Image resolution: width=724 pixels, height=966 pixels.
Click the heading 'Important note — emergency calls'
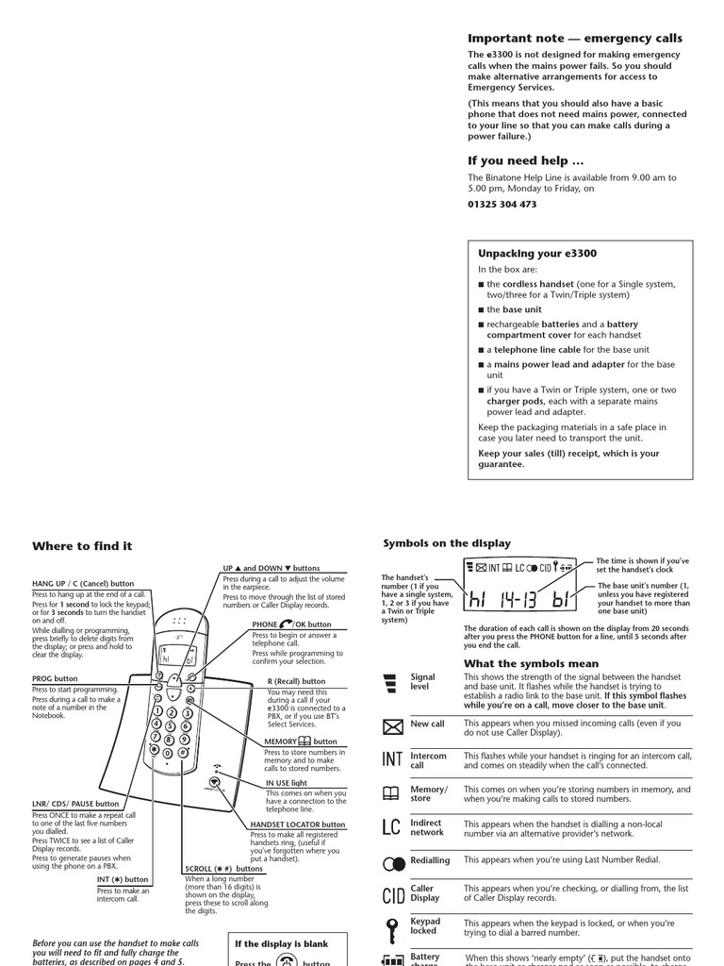tap(575, 39)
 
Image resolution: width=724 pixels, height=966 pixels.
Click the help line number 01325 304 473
tap(502, 204)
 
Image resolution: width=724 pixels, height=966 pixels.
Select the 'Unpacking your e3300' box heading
tap(537, 254)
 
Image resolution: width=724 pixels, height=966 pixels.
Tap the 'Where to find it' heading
tap(82, 546)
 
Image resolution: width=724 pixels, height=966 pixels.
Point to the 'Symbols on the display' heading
tap(447, 543)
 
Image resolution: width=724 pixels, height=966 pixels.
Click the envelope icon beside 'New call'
tap(392, 726)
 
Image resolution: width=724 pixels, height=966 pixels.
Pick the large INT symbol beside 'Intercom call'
tap(393, 759)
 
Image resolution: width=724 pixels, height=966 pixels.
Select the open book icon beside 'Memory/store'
tap(392, 793)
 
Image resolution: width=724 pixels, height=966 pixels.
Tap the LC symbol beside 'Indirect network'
tap(392, 827)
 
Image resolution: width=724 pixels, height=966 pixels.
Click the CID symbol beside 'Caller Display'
tap(393, 894)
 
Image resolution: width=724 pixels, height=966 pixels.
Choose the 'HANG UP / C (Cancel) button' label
tap(83, 584)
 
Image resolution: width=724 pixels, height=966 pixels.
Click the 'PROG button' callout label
tap(55, 679)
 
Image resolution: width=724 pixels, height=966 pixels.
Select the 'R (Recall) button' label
tap(296, 681)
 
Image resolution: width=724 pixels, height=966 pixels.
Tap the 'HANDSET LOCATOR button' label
tap(298, 824)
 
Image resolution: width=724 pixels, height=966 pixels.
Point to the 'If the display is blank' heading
tap(281, 944)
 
